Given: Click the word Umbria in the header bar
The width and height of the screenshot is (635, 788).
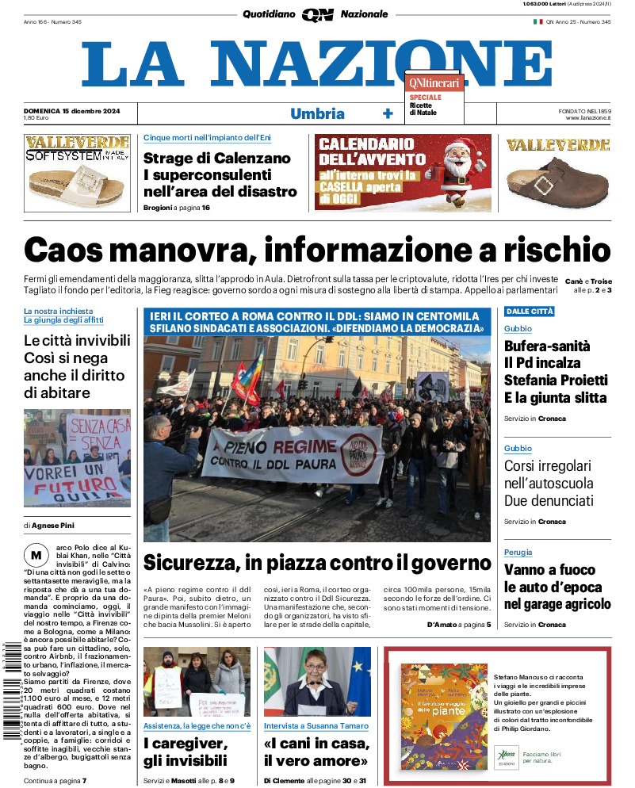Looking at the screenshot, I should pyautogui.click(x=317, y=113).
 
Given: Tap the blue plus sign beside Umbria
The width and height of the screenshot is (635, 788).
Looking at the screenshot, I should pyautogui.click(x=388, y=113).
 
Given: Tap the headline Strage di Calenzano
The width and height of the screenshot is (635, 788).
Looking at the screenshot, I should pyautogui.click(x=216, y=158).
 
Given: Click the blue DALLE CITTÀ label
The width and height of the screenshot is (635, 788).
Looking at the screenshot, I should pyautogui.click(x=529, y=312).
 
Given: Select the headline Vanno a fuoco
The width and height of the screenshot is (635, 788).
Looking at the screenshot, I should pyautogui.click(x=549, y=570).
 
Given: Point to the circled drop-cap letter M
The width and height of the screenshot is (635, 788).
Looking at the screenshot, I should pyautogui.click(x=35, y=554).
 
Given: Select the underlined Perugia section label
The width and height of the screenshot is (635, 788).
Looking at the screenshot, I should pyautogui.click(x=518, y=552).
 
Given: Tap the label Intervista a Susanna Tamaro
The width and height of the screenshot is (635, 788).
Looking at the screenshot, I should pyautogui.click(x=316, y=726).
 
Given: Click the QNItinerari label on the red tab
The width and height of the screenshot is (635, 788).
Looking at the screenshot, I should pyautogui.click(x=434, y=82).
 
